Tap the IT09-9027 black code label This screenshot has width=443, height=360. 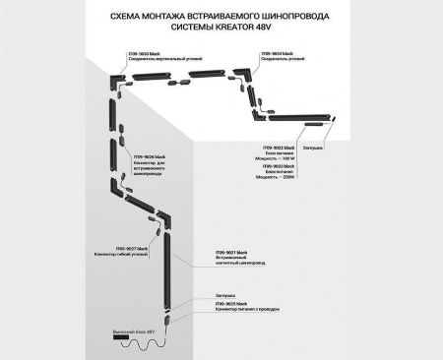pos(132,249)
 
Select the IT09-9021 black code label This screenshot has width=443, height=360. pos(237,254)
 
